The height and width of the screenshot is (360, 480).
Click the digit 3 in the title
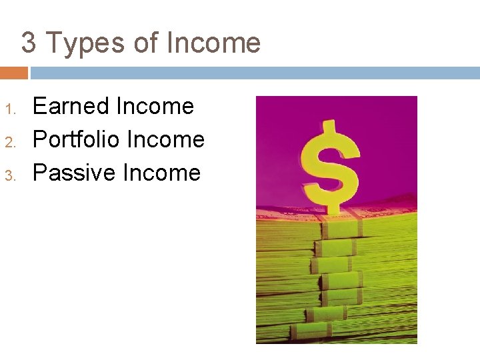[29, 43]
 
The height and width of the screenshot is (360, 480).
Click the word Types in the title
[84, 44]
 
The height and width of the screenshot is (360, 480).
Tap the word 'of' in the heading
[146, 43]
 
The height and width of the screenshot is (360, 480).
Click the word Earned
[71, 106]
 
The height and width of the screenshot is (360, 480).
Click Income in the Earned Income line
[155, 106]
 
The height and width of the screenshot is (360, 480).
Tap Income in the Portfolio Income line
[165, 139]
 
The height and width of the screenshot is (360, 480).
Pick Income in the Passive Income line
[161, 173]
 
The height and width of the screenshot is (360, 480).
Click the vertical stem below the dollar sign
[327, 267]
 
